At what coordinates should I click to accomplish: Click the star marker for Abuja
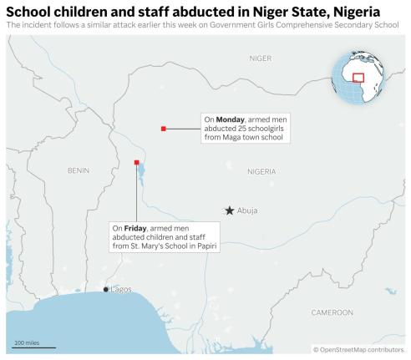[x=229, y=210]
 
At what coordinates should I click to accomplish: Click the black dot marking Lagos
[x=105, y=289]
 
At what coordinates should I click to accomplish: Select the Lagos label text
[x=121, y=289]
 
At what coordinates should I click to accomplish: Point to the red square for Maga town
[x=164, y=128]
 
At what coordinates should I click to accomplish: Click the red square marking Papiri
[x=137, y=162]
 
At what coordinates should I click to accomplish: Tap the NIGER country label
[x=261, y=58]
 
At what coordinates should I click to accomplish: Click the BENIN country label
[x=78, y=170]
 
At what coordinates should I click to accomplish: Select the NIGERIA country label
[x=261, y=170]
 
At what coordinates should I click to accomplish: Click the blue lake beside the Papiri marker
[x=140, y=175]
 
